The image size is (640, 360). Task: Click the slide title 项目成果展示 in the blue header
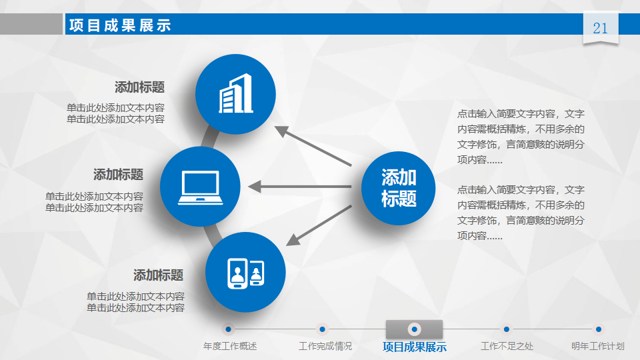[120, 25]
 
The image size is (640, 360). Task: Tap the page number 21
[600, 28]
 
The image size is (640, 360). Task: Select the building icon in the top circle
[236, 93]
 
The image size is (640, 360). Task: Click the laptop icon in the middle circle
[201, 187]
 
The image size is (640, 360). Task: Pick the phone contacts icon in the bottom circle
[246, 273]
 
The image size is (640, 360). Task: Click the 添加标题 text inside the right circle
[399, 188]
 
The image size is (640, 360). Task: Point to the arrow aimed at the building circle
[313, 146]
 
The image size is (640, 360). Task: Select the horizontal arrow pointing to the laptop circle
[299, 187]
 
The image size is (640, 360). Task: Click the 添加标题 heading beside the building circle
[139, 87]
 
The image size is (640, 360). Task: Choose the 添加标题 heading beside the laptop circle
[119, 174]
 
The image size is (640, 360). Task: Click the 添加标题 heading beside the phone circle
[159, 275]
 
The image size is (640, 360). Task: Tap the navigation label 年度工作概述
[230, 346]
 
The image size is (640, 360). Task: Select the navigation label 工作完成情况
[325, 346]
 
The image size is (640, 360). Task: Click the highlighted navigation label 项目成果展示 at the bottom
[415, 347]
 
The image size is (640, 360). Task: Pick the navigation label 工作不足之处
[507, 346]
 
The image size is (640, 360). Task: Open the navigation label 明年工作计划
[598, 346]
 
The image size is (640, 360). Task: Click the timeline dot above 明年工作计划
[599, 329]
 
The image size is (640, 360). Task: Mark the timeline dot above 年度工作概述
[228, 329]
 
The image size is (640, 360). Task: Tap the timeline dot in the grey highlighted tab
[414, 329]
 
